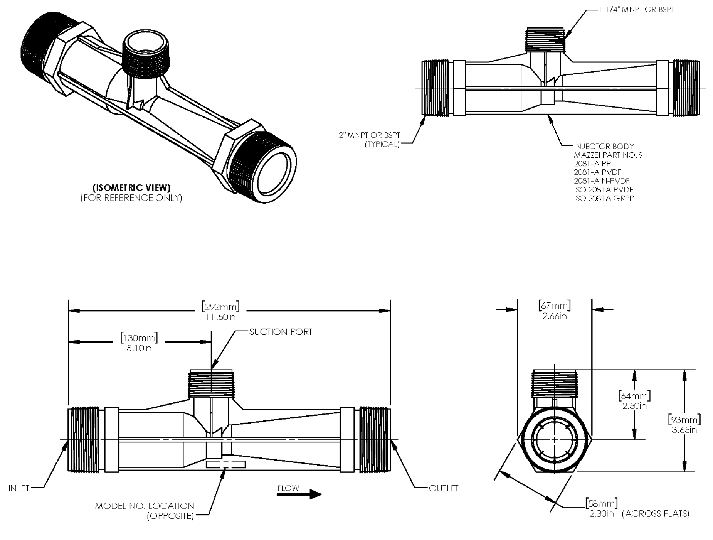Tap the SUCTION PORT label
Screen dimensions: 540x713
coord(280,332)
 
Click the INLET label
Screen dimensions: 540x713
coord(19,489)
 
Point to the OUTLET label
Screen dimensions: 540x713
coord(444,489)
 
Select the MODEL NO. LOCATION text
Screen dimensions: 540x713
coord(145,506)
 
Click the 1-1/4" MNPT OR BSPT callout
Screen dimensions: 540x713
coord(636,10)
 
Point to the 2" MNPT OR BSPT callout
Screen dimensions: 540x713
coord(369,135)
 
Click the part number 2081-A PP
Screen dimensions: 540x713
coord(592,164)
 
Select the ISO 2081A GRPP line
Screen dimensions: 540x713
coord(604,199)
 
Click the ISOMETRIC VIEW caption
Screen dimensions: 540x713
coord(131,188)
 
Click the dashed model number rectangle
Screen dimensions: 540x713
coord(226,464)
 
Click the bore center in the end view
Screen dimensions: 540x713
coord(554,440)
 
